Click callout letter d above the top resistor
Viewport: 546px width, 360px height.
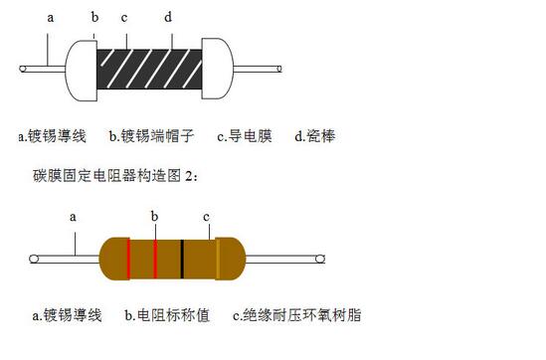168,16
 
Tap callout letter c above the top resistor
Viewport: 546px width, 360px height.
124,18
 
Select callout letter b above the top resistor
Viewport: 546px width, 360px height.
94,16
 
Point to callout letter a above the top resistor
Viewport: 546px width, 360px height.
51,18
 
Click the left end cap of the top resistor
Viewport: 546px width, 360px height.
82,71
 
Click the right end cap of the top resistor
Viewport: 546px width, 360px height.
218,69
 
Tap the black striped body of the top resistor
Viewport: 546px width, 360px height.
149,69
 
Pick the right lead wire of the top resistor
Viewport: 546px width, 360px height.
258,69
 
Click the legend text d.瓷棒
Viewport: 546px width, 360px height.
315,136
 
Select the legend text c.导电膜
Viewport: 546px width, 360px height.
245,136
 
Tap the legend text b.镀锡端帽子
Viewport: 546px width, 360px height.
151,136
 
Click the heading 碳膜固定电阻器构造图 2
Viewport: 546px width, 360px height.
115,176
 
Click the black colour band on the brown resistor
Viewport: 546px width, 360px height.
182,259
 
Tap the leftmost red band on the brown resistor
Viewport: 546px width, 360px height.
128,259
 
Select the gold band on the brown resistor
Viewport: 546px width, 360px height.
218,259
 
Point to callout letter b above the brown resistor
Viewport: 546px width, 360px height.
154,216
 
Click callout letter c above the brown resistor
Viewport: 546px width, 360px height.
207,217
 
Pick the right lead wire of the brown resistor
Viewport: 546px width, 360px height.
285,259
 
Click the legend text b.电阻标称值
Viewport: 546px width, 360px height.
167,315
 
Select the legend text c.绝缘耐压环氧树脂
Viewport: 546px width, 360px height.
297,315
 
